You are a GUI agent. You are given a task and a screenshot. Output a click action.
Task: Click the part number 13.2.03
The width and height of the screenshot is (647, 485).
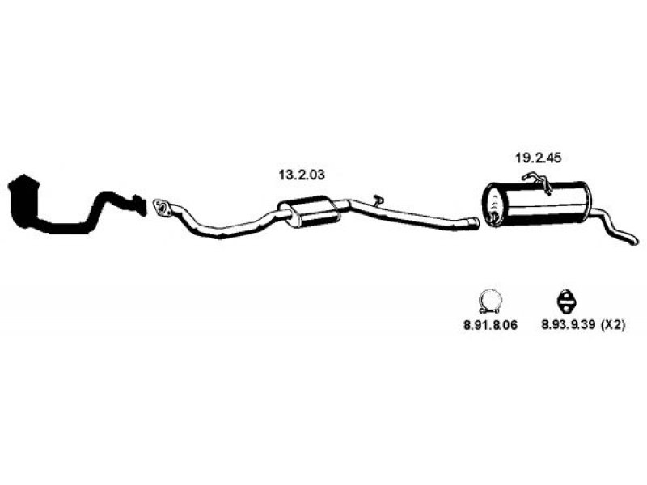pyautogui.click(x=302, y=175)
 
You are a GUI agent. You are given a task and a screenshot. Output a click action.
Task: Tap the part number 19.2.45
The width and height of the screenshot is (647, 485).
pyautogui.click(x=539, y=158)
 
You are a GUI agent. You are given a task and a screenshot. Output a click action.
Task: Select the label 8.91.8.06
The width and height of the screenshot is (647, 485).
pyautogui.click(x=490, y=326)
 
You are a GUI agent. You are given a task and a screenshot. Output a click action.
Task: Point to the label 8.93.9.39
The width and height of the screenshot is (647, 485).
pyautogui.click(x=568, y=326)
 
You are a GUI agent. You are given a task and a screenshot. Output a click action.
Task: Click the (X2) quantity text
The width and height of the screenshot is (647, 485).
pyautogui.click(x=613, y=326)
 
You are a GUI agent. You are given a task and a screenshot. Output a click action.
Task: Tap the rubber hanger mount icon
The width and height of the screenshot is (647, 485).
pyautogui.click(x=565, y=301)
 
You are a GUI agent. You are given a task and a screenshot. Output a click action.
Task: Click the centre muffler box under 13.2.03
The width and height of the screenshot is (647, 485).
pyautogui.click(x=308, y=211)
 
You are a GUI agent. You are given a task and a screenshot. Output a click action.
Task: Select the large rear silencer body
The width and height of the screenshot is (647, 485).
pyautogui.click(x=536, y=203)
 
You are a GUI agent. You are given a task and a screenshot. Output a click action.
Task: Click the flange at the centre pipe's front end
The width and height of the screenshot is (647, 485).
pyautogui.click(x=162, y=208)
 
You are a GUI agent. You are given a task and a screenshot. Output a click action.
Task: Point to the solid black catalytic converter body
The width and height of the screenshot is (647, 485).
pyautogui.click(x=24, y=200)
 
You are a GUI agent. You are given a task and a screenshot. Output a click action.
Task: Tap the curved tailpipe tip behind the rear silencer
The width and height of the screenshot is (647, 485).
pyautogui.click(x=615, y=228)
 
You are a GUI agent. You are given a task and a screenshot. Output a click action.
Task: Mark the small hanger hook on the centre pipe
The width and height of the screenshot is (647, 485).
pyautogui.click(x=378, y=200)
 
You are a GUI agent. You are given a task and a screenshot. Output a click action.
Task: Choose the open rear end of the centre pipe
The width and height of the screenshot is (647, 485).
pyautogui.click(x=476, y=223)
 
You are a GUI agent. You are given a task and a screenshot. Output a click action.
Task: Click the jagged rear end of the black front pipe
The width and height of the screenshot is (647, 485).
pyautogui.click(x=139, y=205)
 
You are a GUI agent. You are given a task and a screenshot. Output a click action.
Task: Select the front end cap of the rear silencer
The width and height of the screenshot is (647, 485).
pyautogui.click(x=493, y=205)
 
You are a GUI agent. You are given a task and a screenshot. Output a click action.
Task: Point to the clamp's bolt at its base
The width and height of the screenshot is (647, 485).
pyautogui.click(x=490, y=310)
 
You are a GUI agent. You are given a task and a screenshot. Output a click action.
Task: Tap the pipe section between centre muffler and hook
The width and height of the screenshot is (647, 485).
pyautogui.click(x=357, y=205)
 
